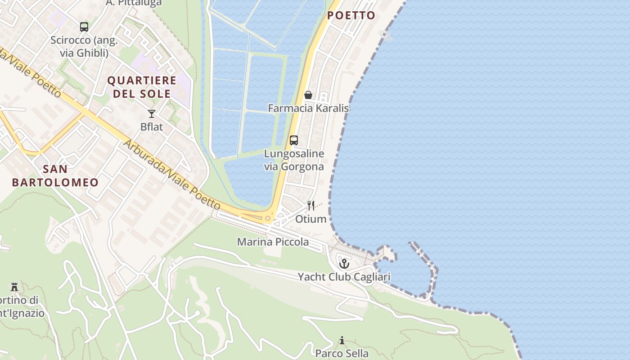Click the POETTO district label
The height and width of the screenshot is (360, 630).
(x=351, y=15)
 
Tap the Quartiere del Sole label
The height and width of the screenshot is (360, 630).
(x=142, y=87)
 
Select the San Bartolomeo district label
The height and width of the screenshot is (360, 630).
(x=55, y=175)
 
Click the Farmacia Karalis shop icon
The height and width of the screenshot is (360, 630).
(x=308, y=95)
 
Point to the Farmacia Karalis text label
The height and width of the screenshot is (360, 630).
(x=308, y=108)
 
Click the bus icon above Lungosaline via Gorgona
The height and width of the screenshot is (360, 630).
(x=294, y=140)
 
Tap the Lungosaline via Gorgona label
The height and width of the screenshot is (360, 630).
(x=294, y=160)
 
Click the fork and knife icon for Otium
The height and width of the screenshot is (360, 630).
(x=310, y=206)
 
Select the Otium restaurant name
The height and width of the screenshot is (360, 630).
(x=310, y=219)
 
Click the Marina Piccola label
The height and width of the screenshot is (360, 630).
(x=273, y=242)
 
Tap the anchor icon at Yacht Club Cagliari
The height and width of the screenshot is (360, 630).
(x=344, y=264)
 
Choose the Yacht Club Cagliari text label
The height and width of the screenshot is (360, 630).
(x=344, y=277)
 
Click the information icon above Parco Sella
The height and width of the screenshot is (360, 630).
(x=342, y=340)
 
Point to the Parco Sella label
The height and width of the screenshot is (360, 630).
(x=342, y=353)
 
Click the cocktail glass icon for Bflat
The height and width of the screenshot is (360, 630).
(x=152, y=114)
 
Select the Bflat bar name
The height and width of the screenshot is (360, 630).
(x=152, y=127)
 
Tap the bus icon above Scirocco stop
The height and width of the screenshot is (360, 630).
(x=84, y=27)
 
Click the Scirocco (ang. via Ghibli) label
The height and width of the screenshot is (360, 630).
(x=84, y=46)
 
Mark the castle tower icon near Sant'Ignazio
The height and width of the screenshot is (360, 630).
(x=14, y=287)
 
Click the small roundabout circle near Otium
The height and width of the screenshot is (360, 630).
(x=268, y=219)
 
